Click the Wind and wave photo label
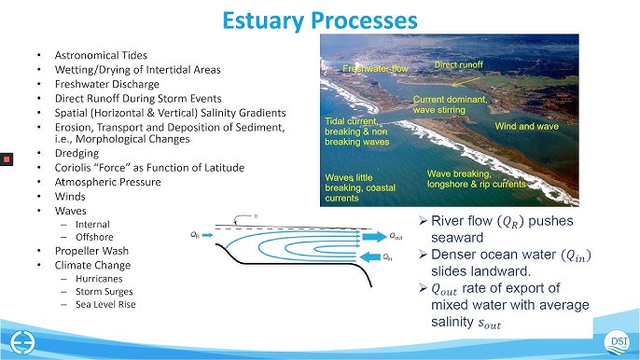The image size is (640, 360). point(526,125)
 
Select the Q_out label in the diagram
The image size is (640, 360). point(396,237)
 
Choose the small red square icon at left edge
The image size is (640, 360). point(7,159)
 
